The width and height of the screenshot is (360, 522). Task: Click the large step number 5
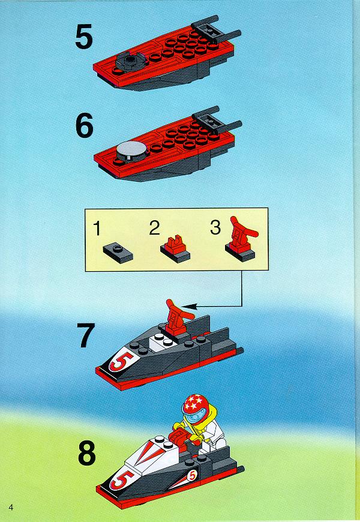pos(83,38)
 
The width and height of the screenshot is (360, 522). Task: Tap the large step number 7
pos(86,335)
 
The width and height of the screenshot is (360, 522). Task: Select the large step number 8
pos(87,453)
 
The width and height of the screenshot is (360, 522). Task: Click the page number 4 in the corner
pos(11,508)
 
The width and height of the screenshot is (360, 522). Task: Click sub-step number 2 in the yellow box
pos(154,228)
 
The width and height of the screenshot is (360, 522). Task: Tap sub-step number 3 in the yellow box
pos(215,227)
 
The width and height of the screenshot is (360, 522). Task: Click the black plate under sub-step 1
pos(118,253)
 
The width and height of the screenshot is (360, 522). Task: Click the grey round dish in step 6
pos(132,149)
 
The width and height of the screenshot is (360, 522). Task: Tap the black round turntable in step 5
pos(131,61)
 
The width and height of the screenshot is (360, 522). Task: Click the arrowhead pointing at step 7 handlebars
pos(187,306)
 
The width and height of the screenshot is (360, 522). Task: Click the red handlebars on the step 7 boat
pos(176,316)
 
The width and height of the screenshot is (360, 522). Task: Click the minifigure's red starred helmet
pos(195,405)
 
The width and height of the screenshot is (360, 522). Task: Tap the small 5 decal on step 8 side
pos(191,476)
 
